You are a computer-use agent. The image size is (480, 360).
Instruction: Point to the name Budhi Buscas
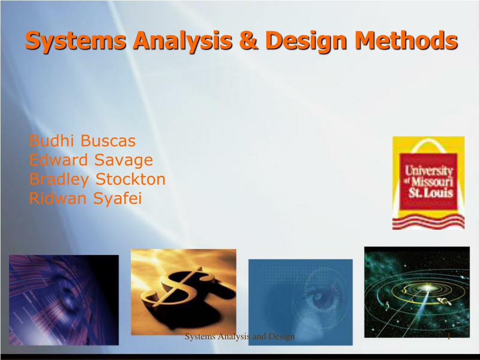(82, 141)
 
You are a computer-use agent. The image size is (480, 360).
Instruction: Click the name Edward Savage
(91, 160)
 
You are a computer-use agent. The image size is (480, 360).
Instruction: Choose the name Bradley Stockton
(97, 179)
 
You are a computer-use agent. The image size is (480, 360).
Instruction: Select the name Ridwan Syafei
(85, 199)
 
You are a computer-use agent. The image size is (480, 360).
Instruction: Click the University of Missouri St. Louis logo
(428, 182)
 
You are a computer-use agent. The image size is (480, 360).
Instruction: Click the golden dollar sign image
(183, 291)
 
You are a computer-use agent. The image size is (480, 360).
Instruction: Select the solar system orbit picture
(417, 292)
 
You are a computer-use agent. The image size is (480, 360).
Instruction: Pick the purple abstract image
(64, 300)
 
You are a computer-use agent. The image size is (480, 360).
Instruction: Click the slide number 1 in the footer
(448, 336)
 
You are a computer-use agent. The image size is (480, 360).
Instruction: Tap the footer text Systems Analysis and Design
(240, 336)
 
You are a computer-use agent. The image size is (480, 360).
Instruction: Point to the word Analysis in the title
(183, 41)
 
